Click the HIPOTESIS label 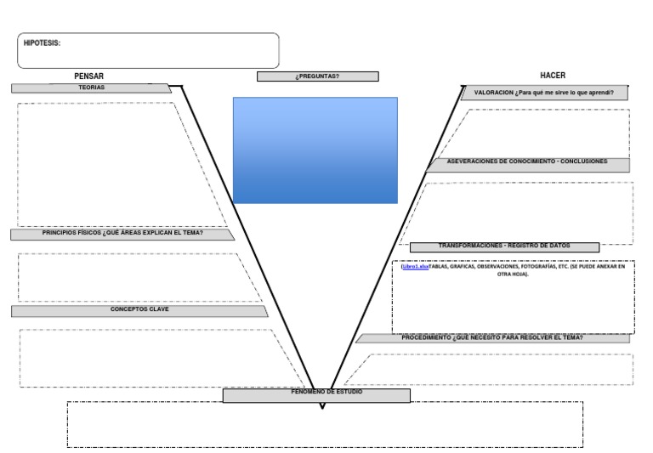(42, 43)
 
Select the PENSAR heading (88, 76)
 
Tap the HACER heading (553, 76)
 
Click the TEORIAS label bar (91, 88)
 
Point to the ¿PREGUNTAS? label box (317, 76)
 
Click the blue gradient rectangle (315, 150)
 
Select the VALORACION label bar (544, 93)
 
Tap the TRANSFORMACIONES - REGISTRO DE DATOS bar (504, 246)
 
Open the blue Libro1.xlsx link (416, 266)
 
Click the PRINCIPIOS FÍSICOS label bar (122, 234)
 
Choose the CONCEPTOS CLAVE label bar (139, 311)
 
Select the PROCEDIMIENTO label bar (492, 338)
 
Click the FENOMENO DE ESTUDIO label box (316, 395)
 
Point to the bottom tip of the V (321, 407)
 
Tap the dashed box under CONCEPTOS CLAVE (153, 358)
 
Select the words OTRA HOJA (513, 275)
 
